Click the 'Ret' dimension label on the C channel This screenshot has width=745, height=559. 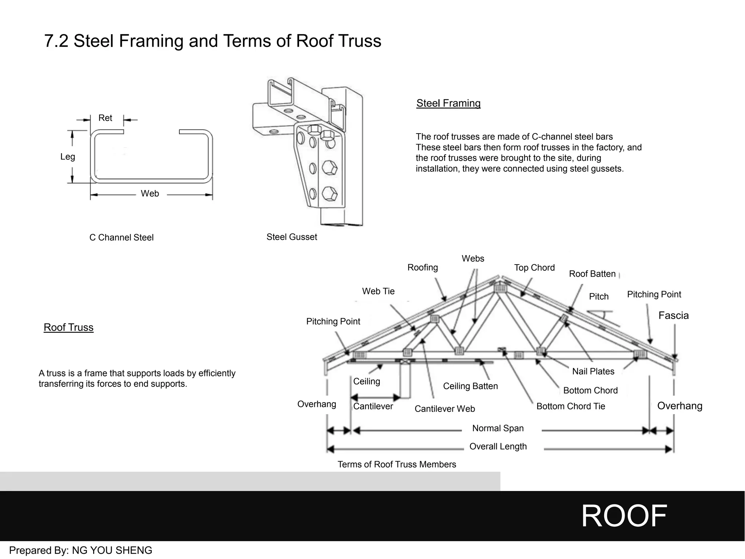pos(105,118)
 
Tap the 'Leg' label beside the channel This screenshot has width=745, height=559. pos(68,157)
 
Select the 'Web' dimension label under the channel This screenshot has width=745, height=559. pos(150,194)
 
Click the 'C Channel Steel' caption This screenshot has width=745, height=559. pos(121,238)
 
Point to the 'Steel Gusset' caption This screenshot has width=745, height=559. pos(292,237)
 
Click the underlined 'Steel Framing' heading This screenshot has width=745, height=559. pos(448,103)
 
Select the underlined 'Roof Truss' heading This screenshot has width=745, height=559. pos(68,327)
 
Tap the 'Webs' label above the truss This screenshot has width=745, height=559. pos(473,259)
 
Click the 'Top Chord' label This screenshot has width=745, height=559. pos(534,268)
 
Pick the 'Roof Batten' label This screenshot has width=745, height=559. pos(592,274)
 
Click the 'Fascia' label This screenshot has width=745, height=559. pos(673,316)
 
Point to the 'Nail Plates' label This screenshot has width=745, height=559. pos(593,372)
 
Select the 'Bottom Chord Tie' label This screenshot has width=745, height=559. pos(570,407)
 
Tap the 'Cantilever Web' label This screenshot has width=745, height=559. pos(445,409)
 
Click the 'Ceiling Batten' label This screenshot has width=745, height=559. pos(470,386)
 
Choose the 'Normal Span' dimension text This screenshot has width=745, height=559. pos(498,428)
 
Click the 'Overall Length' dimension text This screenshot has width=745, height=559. pos(498,447)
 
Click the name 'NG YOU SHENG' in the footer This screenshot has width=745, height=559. pos(112,550)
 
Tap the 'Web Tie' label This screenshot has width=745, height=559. pos(378,292)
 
